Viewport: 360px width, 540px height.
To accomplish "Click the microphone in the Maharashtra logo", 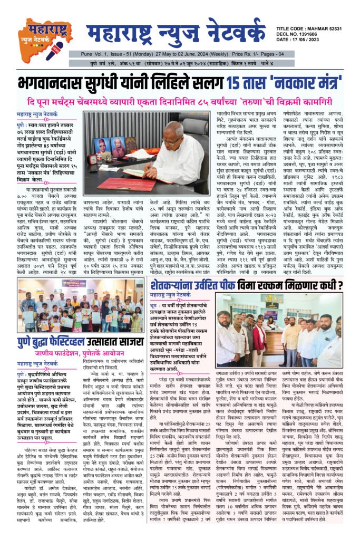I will pyautogui.click(x=55, y=51).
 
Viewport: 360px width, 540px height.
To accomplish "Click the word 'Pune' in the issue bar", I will pyautogui.click(x=86, y=55).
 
